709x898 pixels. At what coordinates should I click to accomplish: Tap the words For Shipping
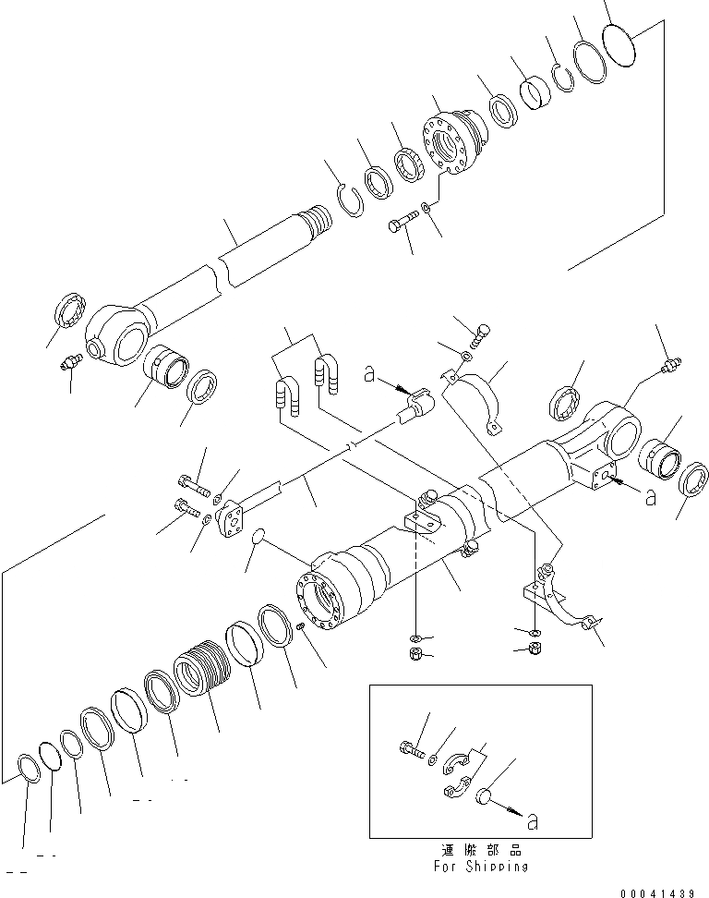pos(480,867)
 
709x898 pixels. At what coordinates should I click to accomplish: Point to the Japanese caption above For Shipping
pos(480,850)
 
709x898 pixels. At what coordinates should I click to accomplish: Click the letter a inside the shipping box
pos(528,817)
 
